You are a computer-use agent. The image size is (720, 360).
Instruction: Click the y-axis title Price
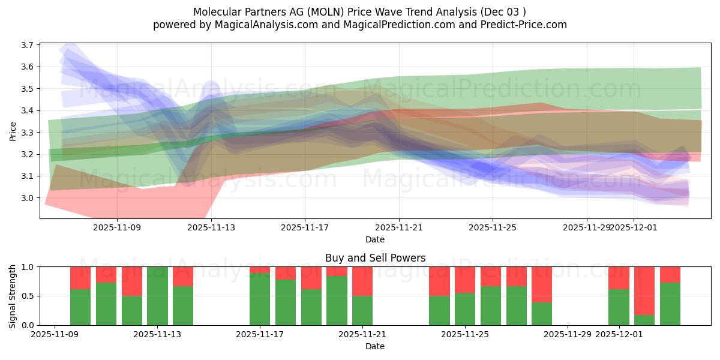click(13, 131)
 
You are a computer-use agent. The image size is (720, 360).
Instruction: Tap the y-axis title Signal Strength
click(13, 296)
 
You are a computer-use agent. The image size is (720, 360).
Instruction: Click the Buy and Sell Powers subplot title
click(375, 258)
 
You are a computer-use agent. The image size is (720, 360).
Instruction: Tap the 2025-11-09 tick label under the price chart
click(118, 227)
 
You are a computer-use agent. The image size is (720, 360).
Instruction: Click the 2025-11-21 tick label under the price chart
click(399, 227)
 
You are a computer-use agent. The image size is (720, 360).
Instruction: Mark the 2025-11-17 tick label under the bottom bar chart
click(260, 334)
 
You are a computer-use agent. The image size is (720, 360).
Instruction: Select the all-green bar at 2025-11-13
click(157, 296)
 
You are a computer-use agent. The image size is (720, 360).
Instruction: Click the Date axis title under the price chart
click(375, 239)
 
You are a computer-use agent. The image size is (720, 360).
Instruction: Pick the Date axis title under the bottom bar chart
click(375, 346)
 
